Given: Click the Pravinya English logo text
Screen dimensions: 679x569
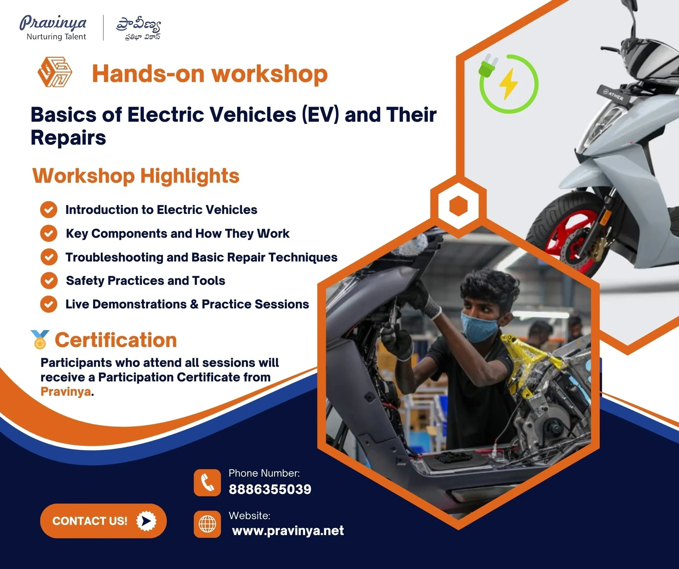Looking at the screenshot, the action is [x=53, y=23].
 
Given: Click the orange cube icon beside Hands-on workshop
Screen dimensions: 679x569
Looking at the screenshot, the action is [x=55, y=72].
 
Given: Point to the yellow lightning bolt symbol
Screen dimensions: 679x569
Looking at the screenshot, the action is [x=508, y=84].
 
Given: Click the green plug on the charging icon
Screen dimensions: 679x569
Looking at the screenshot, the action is [x=488, y=65].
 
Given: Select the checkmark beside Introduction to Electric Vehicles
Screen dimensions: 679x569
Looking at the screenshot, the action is [x=49, y=209].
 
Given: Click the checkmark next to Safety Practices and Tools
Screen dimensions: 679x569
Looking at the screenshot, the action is [x=49, y=280].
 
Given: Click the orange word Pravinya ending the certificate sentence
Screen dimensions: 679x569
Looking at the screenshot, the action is [x=66, y=392].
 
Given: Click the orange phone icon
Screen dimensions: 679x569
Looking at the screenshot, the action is [x=207, y=483].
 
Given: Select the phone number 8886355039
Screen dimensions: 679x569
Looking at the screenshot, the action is [x=270, y=489].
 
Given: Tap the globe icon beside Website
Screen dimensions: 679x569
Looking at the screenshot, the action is [x=207, y=524].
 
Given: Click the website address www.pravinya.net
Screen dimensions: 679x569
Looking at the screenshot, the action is [x=288, y=531].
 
